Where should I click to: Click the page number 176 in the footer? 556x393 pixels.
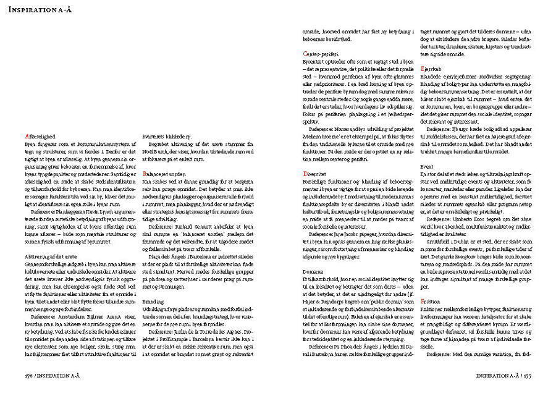(28, 374)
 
